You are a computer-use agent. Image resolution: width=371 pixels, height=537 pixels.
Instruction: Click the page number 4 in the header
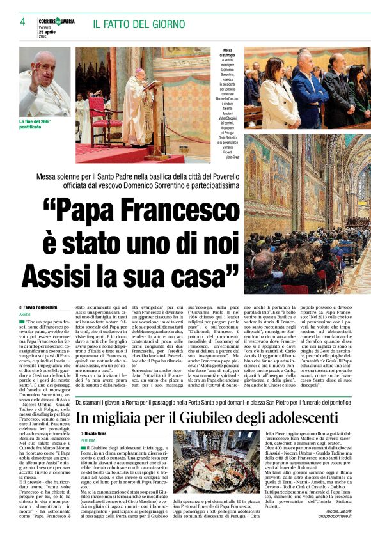22,21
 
